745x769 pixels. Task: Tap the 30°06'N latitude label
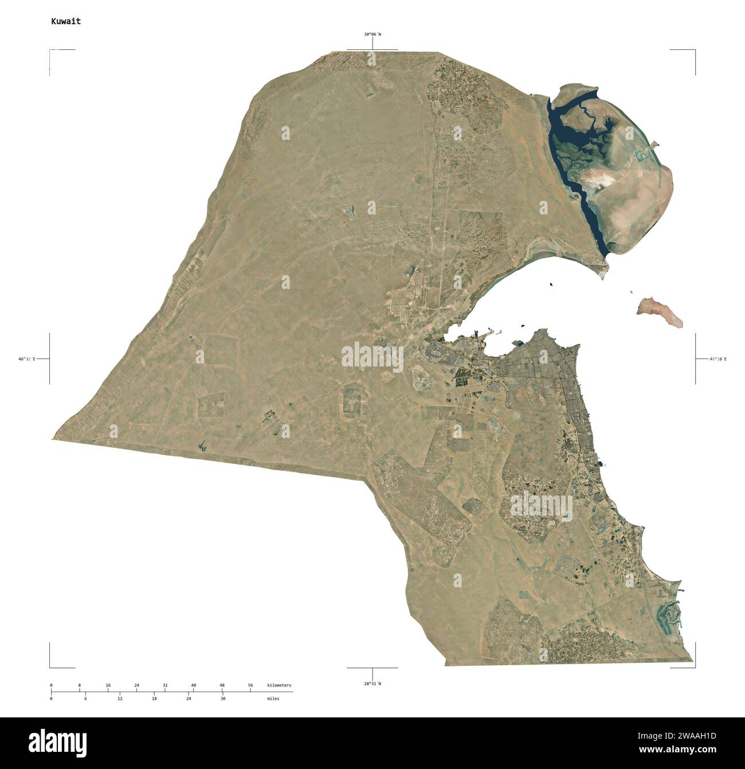click(x=372, y=34)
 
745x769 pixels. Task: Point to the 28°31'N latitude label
click(x=372, y=684)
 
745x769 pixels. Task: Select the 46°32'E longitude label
click(x=26, y=359)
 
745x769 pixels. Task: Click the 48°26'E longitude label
click(x=718, y=359)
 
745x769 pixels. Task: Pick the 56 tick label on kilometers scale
click(x=250, y=685)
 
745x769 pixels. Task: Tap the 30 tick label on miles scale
click(x=223, y=698)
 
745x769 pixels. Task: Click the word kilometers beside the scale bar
click(x=279, y=685)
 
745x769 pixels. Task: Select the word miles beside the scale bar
click(x=273, y=698)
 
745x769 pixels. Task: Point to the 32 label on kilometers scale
click(x=165, y=685)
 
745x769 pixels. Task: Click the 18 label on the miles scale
click(x=154, y=698)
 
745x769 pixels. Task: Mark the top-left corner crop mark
click(x=50, y=51)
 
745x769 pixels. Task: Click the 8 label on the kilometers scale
click(x=79, y=685)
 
